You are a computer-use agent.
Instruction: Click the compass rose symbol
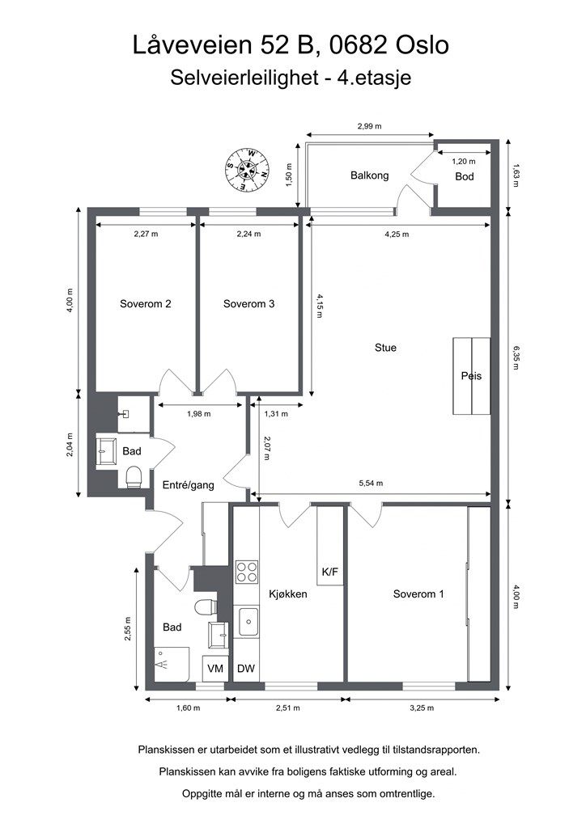pos(248,170)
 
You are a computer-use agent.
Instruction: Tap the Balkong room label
pos(369,175)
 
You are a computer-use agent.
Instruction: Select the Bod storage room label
pos(465,176)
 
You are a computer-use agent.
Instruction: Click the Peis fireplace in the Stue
pos(471,376)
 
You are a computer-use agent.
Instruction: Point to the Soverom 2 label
pos(146,304)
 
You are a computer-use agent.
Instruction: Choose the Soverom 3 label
pos(248,304)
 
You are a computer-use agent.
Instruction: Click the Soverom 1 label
pos(418,594)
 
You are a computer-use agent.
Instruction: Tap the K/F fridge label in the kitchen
pos(329,572)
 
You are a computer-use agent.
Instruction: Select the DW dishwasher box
pos(246,669)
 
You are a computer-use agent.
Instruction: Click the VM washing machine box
pos(215,669)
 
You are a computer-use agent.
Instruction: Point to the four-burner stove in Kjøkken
pos(247,572)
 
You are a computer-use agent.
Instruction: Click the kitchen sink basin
pos(248,622)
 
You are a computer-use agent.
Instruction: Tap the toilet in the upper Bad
pos(134,476)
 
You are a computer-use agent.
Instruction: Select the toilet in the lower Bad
pos(206,607)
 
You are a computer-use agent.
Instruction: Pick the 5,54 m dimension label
pos(371,484)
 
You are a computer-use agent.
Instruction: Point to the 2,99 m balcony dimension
pos(369,126)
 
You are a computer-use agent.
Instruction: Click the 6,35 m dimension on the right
pos(516,357)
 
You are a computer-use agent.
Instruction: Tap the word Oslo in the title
pos(423,45)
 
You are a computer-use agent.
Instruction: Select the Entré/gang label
pos(188,485)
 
